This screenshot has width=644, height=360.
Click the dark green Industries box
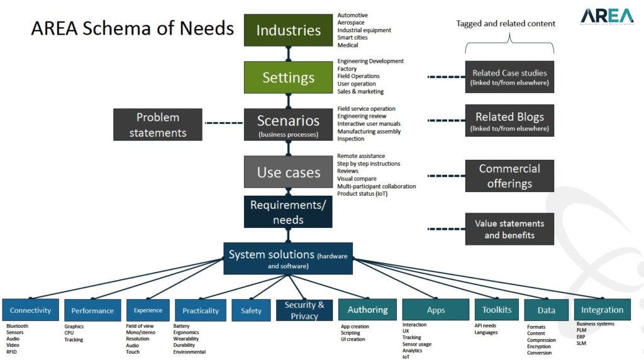pos(288,30)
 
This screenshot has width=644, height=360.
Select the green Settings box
pos(288,77)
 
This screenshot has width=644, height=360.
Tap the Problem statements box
pos(158,125)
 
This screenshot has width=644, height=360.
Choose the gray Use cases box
pos(288,172)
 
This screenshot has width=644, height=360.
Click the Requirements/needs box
pos(288,211)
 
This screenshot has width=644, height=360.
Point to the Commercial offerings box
pos(509,176)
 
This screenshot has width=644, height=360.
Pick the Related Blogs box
pos(509,120)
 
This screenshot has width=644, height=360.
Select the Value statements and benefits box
pos(509,229)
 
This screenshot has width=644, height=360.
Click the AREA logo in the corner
pos(607,16)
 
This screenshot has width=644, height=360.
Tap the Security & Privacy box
pos(304,310)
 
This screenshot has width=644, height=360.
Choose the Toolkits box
pos(497,310)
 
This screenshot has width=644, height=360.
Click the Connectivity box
pos(30,310)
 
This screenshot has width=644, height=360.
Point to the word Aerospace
pos(351,23)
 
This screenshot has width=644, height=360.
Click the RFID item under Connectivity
pos(11,352)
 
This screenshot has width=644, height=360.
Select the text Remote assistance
pos(361,156)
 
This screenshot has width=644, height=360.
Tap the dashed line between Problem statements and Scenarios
pos(224,123)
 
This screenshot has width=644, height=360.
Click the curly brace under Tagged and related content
pos(509,45)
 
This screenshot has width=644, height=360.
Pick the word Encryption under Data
pos(539,346)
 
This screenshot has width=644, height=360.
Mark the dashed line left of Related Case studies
pos(447,77)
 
